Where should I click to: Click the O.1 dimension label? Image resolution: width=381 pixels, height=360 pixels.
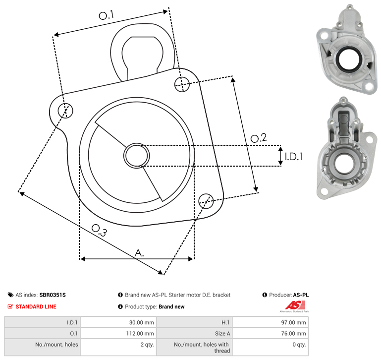[x=106, y=15]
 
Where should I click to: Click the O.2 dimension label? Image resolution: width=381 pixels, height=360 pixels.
[x=259, y=138]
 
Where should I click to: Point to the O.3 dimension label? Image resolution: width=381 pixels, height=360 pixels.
[x=99, y=230]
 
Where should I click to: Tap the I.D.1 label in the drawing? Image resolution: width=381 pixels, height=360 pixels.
[x=294, y=157]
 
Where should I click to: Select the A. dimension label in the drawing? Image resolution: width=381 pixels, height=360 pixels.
[x=139, y=253]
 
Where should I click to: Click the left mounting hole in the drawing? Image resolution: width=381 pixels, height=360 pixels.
[x=65, y=111]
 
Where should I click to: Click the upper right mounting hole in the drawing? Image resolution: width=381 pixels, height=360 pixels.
[x=182, y=84]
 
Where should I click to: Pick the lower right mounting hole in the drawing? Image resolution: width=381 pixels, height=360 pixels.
[x=206, y=201]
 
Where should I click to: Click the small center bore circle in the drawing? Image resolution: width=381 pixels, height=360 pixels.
[x=137, y=156]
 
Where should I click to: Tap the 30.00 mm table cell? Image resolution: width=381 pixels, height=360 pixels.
[x=141, y=322]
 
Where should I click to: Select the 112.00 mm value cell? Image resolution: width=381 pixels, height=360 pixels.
[x=140, y=334]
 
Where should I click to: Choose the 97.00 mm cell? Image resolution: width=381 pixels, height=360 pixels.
[x=293, y=322]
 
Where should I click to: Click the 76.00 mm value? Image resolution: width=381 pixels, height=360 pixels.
[x=293, y=334]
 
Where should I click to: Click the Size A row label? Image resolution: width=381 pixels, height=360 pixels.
[x=222, y=334]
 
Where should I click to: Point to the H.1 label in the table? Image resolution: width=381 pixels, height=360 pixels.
[x=225, y=322]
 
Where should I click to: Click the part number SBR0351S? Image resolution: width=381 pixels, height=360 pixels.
[x=53, y=295]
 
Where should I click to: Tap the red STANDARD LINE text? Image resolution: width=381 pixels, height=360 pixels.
[x=36, y=307]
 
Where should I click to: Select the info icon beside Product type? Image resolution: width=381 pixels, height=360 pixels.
[x=120, y=306]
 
